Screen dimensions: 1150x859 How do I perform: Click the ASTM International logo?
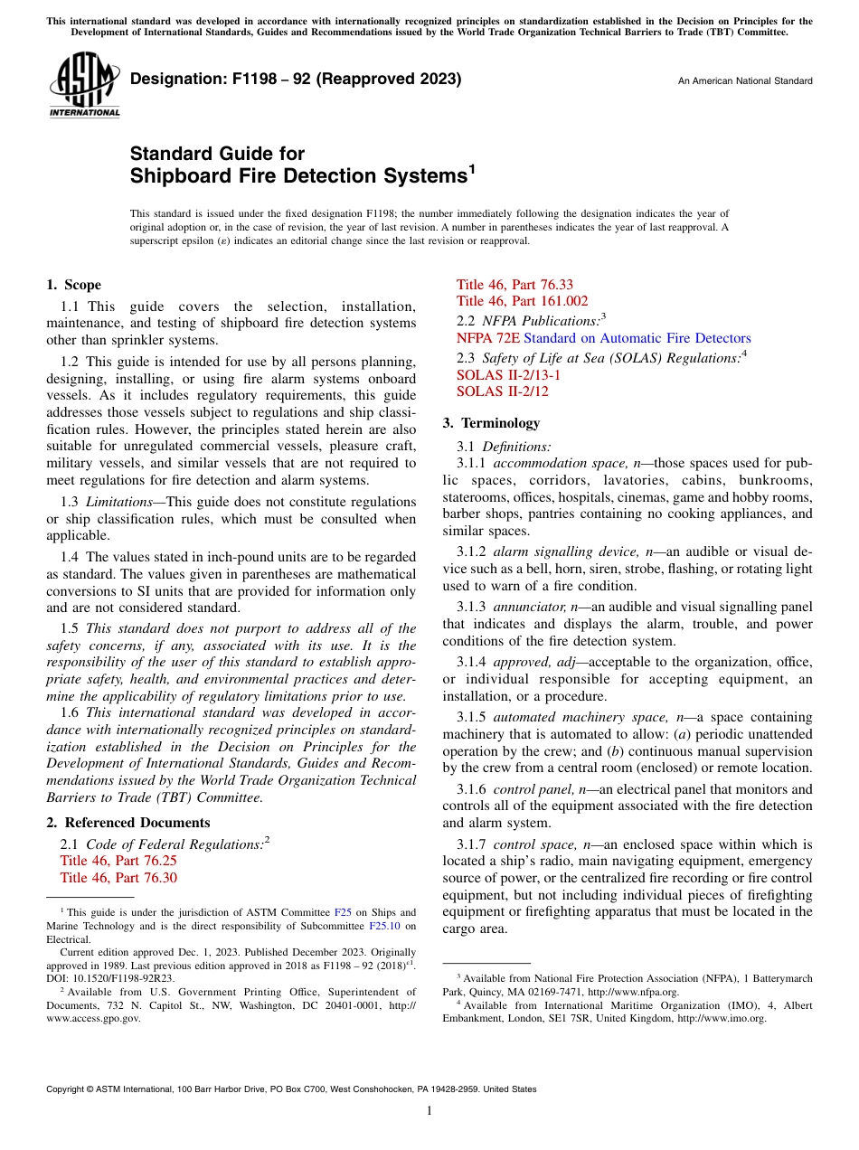coord(83,86)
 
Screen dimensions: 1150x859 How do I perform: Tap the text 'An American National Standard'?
coord(745,81)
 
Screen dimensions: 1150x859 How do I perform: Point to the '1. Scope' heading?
coord(74,285)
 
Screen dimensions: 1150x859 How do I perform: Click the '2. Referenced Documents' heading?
coord(128,823)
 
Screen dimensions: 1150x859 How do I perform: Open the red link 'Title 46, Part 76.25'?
coord(118,861)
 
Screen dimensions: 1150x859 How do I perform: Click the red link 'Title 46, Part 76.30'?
coord(118,878)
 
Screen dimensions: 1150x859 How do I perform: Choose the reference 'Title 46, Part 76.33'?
coord(514,285)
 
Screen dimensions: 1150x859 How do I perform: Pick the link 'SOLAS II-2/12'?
coord(502,391)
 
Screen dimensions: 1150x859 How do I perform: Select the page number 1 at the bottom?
coord(429,1111)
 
